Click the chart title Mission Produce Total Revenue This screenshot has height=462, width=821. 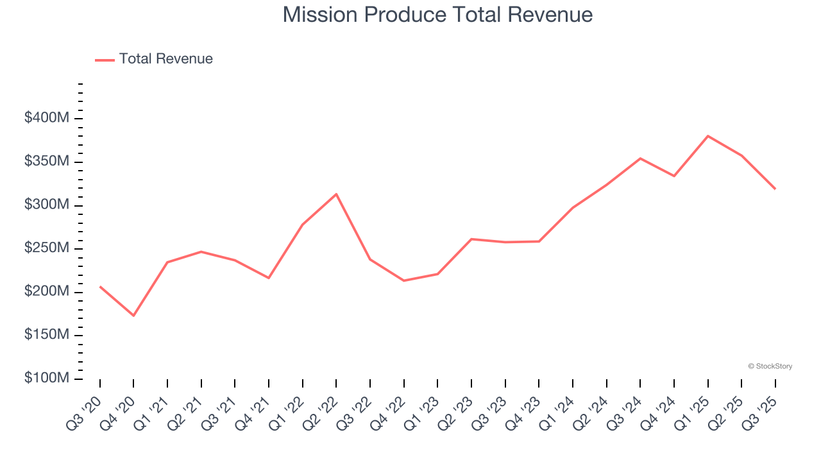coord(437,15)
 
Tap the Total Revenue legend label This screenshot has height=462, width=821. coord(165,59)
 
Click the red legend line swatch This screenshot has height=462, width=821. coord(105,60)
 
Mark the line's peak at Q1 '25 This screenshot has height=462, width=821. coord(707,136)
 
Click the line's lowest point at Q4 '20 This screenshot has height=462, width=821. coord(133,315)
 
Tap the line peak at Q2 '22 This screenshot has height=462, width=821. coord(336,194)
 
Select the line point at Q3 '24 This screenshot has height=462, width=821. coord(640,158)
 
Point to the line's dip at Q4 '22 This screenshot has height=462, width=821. coord(403,280)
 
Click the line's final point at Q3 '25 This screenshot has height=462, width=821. coord(775,189)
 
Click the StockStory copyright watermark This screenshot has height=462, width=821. coord(770,366)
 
